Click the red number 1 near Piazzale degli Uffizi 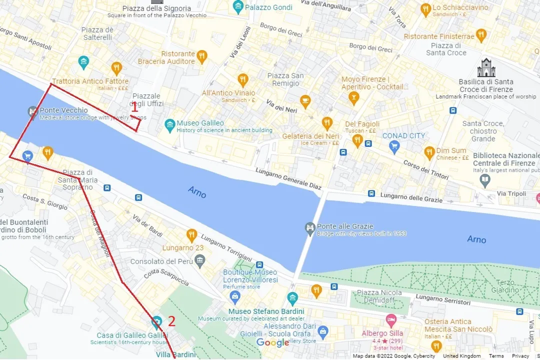(x=134, y=106)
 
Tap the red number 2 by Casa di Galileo (x=171, y=321)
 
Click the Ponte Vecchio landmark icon (x=33, y=110)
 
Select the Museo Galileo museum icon (x=170, y=123)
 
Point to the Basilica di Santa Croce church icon (x=485, y=67)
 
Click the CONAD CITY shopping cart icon (x=394, y=146)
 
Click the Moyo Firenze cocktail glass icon (x=354, y=98)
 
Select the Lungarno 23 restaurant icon (x=191, y=234)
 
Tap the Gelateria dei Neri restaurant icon (x=327, y=122)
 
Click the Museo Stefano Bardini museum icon (x=292, y=298)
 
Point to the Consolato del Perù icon (x=200, y=261)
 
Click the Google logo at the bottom (x=272, y=342)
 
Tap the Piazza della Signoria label (x=157, y=8)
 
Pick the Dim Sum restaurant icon (x=429, y=153)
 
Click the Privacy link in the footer (x=520, y=356)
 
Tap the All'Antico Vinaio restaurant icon (x=243, y=79)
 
